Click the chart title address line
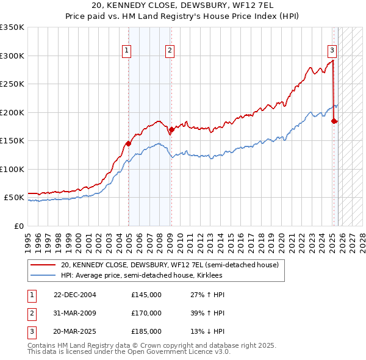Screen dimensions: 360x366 183,5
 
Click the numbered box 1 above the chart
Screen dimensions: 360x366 127,51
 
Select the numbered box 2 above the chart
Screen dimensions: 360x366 169,51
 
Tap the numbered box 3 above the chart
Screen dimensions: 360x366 332,51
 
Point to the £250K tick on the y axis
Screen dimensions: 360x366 12,84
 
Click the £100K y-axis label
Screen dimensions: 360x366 12,169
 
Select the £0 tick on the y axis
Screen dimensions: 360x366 19,226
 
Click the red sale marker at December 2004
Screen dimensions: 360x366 128,143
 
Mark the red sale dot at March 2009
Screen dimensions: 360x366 171,129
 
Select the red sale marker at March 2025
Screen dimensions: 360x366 334,121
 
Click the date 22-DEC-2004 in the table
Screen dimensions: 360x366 75,295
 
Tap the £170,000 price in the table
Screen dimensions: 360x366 146,313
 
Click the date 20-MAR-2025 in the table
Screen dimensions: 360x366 75,331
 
